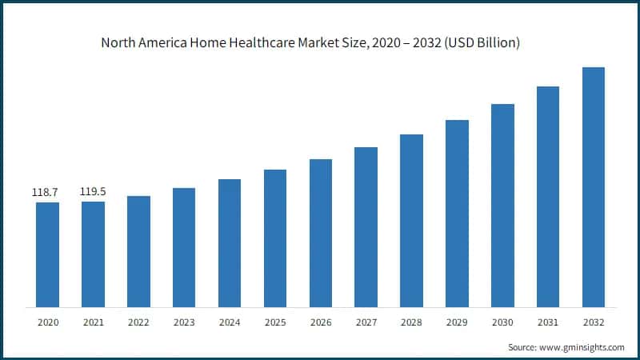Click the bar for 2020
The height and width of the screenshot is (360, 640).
(x=47, y=254)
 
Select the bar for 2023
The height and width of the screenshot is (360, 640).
(x=184, y=247)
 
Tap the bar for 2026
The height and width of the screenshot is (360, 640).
(x=321, y=233)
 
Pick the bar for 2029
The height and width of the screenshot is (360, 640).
(x=457, y=214)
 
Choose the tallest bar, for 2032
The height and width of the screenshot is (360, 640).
(x=594, y=187)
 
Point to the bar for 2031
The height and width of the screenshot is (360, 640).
(x=548, y=197)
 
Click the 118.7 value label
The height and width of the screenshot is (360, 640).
(x=47, y=193)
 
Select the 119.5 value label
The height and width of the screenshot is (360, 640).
(x=93, y=192)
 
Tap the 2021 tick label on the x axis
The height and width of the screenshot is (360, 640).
(x=93, y=322)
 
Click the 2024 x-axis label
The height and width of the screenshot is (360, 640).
(x=230, y=322)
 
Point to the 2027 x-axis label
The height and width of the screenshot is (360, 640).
(x=366, y=322)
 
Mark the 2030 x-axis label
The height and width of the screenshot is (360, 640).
(x=502, y=322)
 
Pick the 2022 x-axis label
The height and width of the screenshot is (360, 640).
(x=138, y=322)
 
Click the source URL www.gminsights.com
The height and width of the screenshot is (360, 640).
(x=582, y=347)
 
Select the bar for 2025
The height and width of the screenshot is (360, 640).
(x=275, y=238)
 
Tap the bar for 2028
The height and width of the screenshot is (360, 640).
(x=411, y=221)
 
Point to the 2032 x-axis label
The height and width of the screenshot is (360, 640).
(x=594, y=322)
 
